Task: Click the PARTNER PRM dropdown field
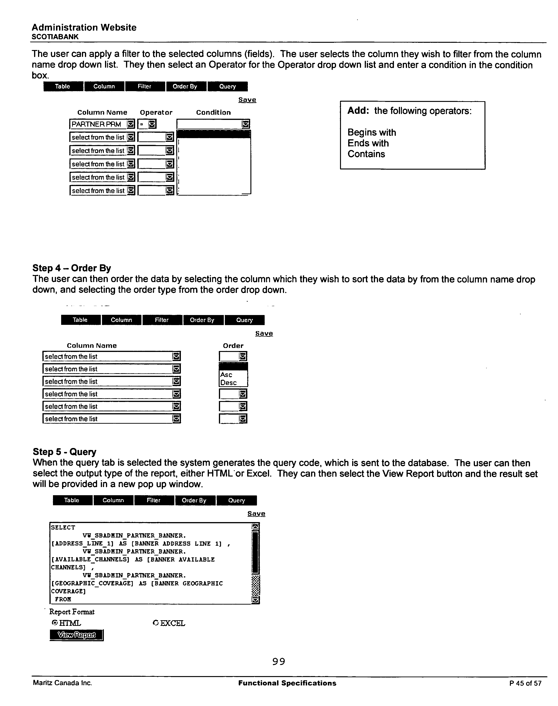[102, 124]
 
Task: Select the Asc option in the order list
[226, 375]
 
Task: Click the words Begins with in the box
[372, 133]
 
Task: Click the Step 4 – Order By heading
[72, 268]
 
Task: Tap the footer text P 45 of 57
[525, 683]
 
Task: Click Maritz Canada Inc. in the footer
[62, 683]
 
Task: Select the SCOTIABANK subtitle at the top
[55, 37]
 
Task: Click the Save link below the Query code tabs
[256, 514]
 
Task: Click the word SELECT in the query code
[63, 527]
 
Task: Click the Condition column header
[213, 113]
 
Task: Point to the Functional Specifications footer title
[287, 683]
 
